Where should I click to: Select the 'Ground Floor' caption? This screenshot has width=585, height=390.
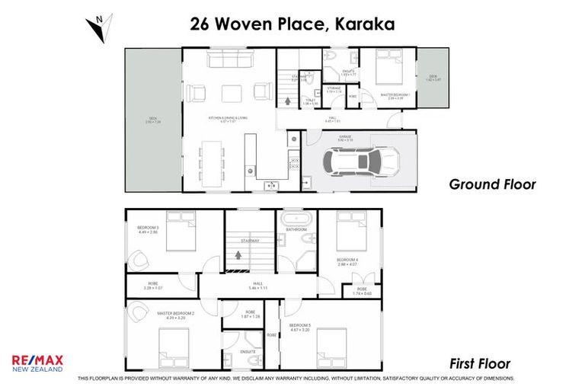491,184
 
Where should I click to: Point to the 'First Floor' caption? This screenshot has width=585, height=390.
479,363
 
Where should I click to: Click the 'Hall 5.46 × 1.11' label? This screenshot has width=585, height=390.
251,286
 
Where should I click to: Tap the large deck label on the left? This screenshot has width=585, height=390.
154,119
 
